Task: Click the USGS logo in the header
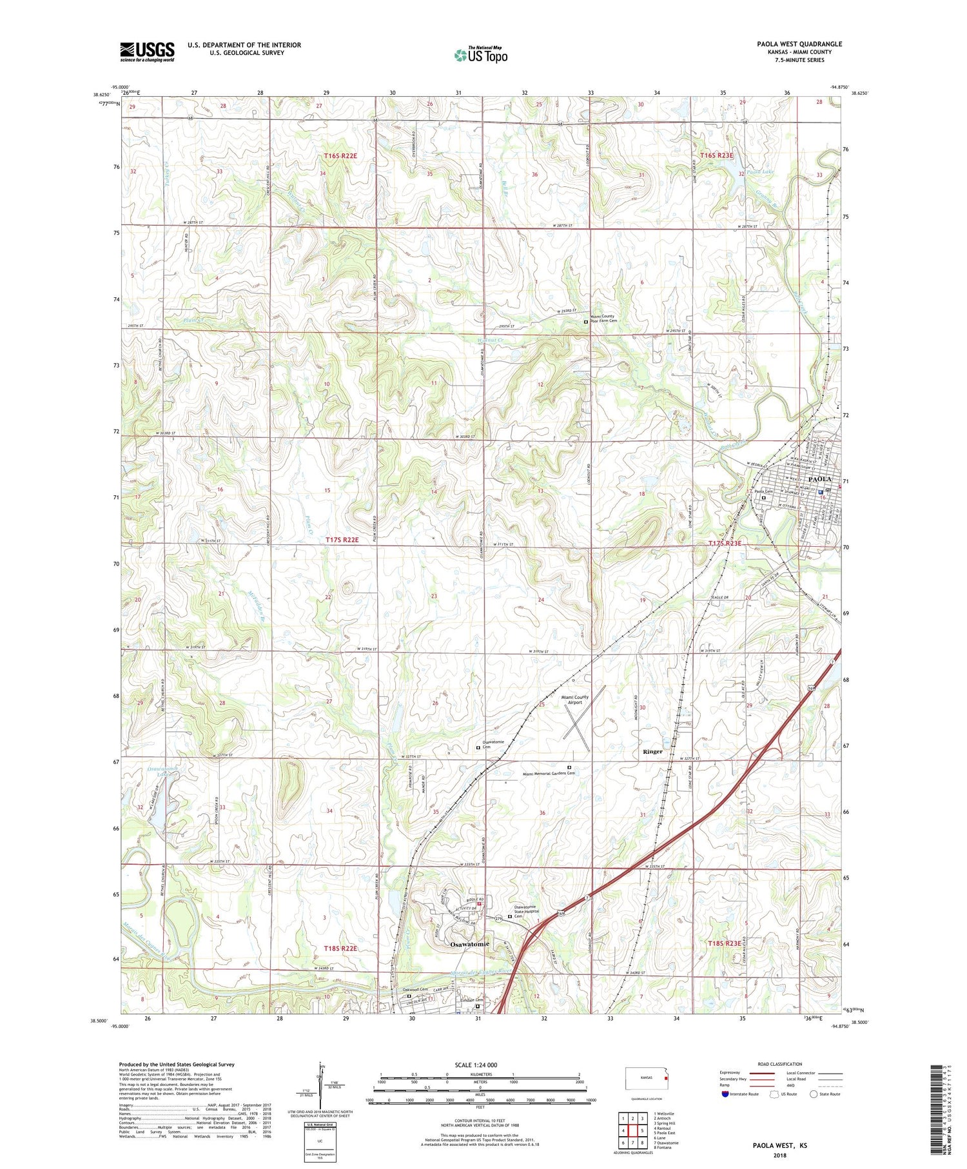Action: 147,52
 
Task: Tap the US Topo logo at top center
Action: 481,55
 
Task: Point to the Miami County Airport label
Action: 574,700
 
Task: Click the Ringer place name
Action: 652,751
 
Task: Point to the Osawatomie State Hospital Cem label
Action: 531,912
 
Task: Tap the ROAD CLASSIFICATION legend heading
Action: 780,1065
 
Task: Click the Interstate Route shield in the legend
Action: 725,1094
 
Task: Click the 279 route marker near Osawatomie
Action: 498,918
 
